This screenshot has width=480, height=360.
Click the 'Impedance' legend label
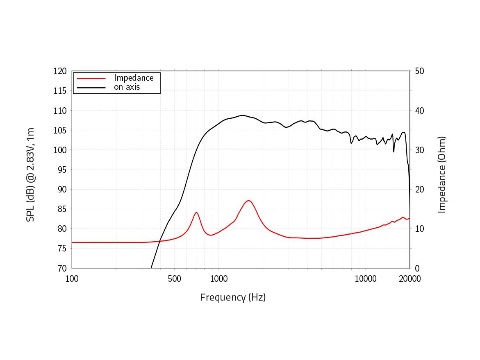click(134, 78)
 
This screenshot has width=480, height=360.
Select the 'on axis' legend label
click(127, 87)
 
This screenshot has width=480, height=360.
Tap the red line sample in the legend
click(91, 78)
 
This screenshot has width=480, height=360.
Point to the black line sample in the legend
click(91, 87)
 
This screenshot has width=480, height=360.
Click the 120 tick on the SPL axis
click(60, 71)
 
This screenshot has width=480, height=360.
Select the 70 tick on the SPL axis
click(62, 268)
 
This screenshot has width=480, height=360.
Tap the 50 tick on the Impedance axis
click(419, 71)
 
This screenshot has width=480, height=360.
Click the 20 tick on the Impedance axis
click(419, 189)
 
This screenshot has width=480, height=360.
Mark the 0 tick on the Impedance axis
click(417, 268)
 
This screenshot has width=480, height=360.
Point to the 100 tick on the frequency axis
click(72, 279)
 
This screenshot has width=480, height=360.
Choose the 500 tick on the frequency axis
click(174, 279)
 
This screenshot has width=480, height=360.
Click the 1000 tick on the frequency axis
click(218, 279)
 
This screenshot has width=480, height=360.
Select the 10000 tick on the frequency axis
click(366, 279)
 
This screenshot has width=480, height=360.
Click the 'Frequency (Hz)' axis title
click(233, 297)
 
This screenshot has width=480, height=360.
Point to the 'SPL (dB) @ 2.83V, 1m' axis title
click(30, 175)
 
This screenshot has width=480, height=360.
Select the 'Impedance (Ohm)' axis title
click(441, 175)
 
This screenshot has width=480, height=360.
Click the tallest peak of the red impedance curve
click(248, 201)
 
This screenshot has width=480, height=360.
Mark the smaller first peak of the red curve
click(197, 213)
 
